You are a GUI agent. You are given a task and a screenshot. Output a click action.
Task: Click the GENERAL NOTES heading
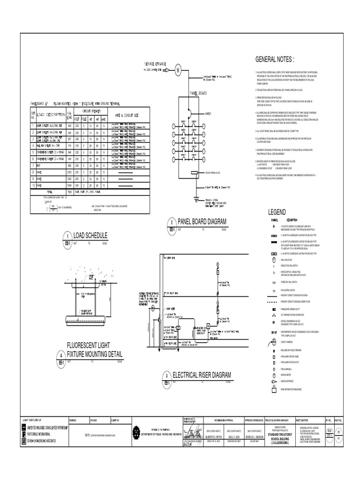(274, 60)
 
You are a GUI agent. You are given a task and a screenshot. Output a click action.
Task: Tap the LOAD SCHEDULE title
(91, 235)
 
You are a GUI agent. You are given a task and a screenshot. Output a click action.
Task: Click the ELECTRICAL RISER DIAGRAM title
(202, 375)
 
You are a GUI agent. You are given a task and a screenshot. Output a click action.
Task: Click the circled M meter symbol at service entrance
(178, 70)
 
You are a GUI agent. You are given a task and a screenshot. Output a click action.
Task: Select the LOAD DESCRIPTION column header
(52, 115)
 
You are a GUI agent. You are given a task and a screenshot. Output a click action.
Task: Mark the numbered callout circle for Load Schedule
(68, 235)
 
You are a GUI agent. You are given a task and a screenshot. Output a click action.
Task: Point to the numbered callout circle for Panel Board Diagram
(172, 222)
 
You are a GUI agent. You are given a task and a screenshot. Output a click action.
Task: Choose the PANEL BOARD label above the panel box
(197, 93)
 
